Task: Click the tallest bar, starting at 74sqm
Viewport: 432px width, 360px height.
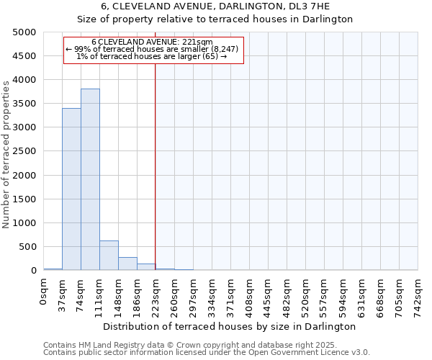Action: tap(90, 179)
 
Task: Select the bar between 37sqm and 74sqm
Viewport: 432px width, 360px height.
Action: tap(71, 189)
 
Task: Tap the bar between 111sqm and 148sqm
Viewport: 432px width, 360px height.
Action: tap(109, 255)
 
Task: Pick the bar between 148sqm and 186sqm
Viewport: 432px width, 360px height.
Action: tap(127, 264)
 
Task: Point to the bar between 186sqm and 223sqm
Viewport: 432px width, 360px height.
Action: tap(146, 266)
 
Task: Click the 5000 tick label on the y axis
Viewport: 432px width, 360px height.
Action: tap(24, 32)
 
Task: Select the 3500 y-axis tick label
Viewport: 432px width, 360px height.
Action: tap(24, 104)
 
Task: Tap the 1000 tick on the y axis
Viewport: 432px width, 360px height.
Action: tap(24, 223)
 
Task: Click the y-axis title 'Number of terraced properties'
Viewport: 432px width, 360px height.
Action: tap(6, 154)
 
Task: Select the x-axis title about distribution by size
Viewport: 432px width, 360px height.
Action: tap(230, 326)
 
